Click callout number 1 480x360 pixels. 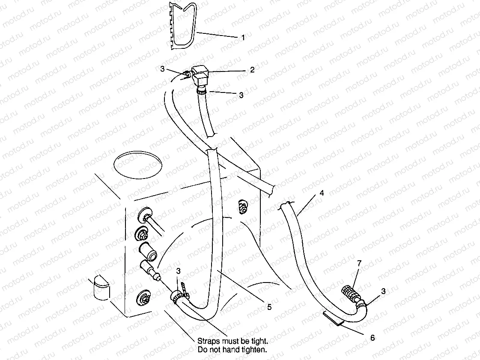tap(243, 38)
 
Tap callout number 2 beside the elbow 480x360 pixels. tap(252, 70)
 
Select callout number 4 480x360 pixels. tap(322, 193)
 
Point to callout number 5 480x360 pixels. tap(269, 307)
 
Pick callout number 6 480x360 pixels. tap(372, 338)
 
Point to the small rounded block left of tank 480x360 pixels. tap(100, 289)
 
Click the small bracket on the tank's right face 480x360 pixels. tap(242, 206)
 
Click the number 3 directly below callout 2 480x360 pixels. tap(241, 95)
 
